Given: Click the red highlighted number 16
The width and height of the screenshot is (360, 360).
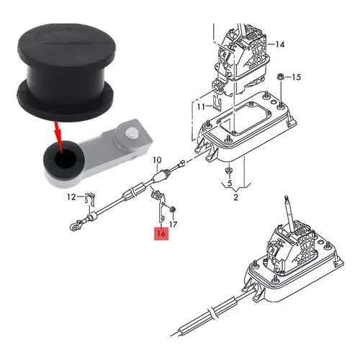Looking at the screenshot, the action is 161,233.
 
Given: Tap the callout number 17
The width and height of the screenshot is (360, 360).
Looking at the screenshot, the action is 173,225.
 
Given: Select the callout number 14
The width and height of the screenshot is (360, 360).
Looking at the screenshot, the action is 279,45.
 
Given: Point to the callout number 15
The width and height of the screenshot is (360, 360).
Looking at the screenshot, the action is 296,77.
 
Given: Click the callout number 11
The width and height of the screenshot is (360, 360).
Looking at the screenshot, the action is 201,107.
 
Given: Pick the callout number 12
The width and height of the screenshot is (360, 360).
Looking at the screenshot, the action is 71,197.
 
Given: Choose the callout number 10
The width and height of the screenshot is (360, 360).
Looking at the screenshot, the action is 157,160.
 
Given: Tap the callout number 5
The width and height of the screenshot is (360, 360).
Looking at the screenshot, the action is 230,184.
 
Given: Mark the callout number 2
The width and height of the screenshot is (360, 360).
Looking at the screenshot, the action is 235,197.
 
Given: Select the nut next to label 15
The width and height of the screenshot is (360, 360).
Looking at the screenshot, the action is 280,77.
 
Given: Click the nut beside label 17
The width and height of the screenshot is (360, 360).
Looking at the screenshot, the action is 172,210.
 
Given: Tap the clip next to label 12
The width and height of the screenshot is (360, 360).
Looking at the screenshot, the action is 89,199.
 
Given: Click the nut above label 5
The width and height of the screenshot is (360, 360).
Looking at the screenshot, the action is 228,171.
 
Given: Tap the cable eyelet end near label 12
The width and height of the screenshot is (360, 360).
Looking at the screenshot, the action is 73,226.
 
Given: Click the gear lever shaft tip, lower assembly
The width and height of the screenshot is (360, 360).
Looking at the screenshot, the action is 286,197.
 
